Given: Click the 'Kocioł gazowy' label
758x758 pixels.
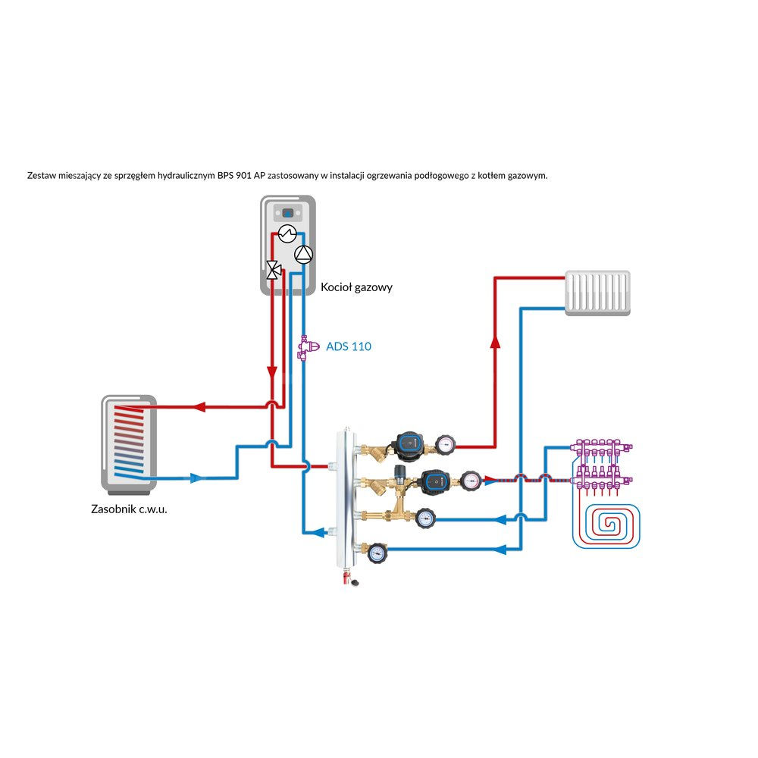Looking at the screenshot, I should [356, 288].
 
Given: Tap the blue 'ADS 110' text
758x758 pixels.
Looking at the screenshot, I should [349, 346].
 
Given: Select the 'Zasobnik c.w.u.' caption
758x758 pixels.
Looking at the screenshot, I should [129, 509].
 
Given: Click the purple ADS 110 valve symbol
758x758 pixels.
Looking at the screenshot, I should [304, 348].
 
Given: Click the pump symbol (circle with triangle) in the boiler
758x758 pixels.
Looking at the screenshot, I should [302, 255].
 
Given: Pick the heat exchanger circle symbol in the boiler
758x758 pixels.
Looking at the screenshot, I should [286, 233].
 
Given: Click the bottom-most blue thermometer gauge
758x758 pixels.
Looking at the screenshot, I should [376, 553].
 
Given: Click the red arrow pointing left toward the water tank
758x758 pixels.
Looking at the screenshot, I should [200, 406].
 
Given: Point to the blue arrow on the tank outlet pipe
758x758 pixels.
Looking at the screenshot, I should [196, 478].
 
